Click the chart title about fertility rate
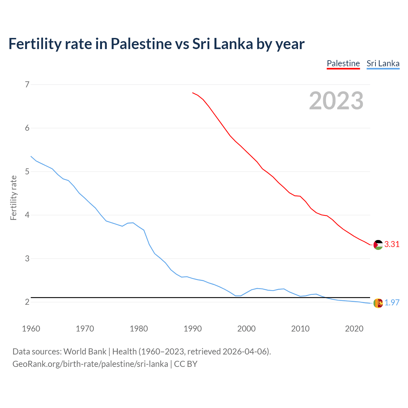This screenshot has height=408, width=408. point(156,44)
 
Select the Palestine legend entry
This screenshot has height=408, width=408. point(343,63)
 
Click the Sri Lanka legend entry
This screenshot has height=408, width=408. point(383,63)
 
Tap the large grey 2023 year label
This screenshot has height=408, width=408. point(336,101)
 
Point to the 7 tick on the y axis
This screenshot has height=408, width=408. point(27,84)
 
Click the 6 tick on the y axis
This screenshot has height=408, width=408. point(27,128)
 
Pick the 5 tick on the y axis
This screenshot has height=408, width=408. point(27,171)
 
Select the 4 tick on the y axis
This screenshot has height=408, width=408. point(27,215)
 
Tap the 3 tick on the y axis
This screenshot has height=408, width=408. point(27,259)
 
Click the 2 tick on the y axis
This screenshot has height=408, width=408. point(27,302)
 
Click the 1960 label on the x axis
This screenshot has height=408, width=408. point(31,329)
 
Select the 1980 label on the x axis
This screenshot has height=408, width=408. point(139,329)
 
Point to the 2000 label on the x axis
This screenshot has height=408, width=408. point(246,329)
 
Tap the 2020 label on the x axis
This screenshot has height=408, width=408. point(354,329)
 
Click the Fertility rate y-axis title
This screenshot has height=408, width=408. point(13,198)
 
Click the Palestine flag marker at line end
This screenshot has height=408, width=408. point(378,245)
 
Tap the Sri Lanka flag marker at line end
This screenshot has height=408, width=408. point(378,303)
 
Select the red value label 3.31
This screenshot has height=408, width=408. point(392,244)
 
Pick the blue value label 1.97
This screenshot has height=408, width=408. point(392,303)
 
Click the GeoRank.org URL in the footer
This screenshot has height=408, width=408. point(90,364)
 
